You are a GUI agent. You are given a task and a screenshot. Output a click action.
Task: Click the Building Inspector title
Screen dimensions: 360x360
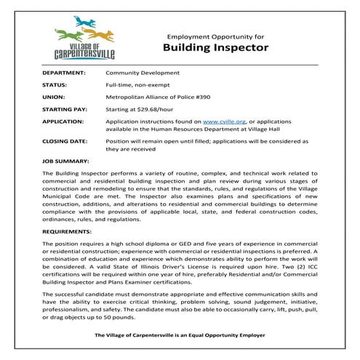point(215,49)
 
